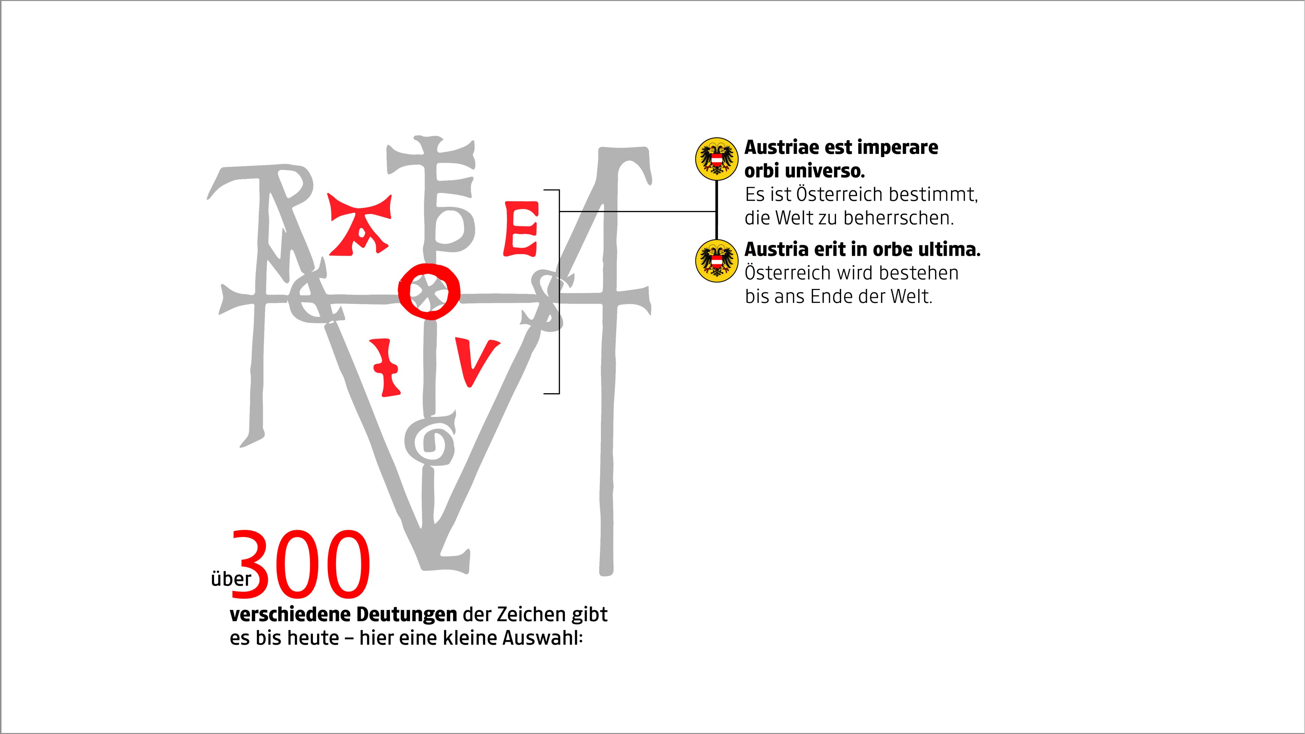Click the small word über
(x=231, y=579)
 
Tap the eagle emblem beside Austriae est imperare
(x=716, y=159)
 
